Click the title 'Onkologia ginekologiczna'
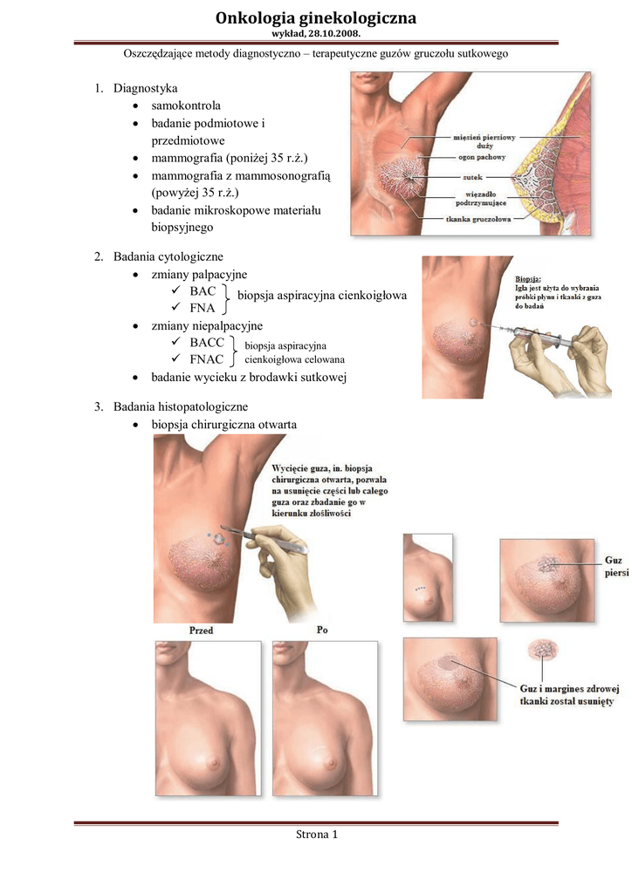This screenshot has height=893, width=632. [316, 17]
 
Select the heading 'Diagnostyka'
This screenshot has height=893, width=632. [146, 88]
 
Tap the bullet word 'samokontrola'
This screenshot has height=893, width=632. [186, 106]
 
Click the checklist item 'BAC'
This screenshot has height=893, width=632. [203, 290]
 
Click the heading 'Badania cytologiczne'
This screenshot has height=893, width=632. [168, 256]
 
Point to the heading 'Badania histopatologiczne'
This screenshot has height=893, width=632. [180, 406]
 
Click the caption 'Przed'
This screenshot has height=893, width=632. [201, 630]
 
